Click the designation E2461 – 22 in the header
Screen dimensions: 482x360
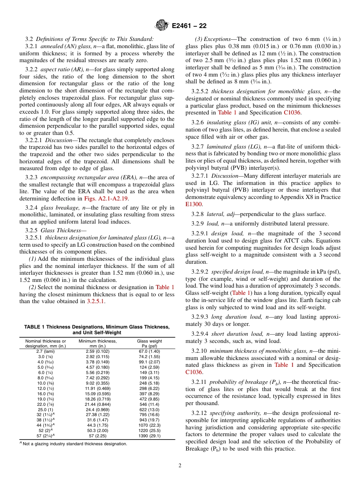coord(189,26)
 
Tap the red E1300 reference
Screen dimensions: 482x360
coord(194,204)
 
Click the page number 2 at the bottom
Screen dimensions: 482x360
coord(180,466)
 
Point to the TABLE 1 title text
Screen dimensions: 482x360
coord(97,330)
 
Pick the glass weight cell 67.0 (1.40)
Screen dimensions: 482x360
coord(149,351)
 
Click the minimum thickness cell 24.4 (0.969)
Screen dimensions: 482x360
coord(97,410)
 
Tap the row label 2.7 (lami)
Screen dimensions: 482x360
coord(45,351)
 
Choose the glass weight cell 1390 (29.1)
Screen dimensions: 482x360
coord(149,436)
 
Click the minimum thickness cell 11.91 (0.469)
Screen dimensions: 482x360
coord(97,388)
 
